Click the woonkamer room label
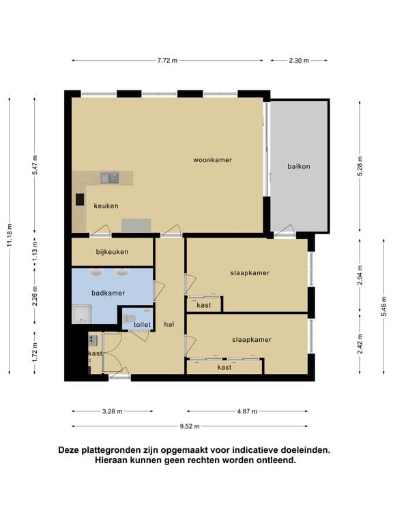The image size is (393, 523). click(212, 160)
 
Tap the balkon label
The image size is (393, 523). click(299, 166)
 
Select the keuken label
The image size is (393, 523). click(106, 206)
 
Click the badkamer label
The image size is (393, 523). click(108, 294)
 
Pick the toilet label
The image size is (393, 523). click(141, 326)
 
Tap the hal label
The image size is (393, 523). click(169, 325)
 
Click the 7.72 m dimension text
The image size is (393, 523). click(167, 61)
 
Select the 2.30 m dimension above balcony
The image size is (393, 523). click(299, 61)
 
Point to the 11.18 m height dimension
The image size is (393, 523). click(9, 235)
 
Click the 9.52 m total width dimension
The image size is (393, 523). click(189, 426)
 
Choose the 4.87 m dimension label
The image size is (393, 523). click(246, 411)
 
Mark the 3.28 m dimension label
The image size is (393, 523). click(113, 411)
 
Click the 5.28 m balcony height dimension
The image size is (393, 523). click(360, 166)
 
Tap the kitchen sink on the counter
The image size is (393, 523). click(109, 178)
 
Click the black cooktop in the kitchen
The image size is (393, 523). click(80, 200)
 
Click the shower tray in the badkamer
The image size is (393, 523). click(82, 315)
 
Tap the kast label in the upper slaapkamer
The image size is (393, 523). click(203, 306)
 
